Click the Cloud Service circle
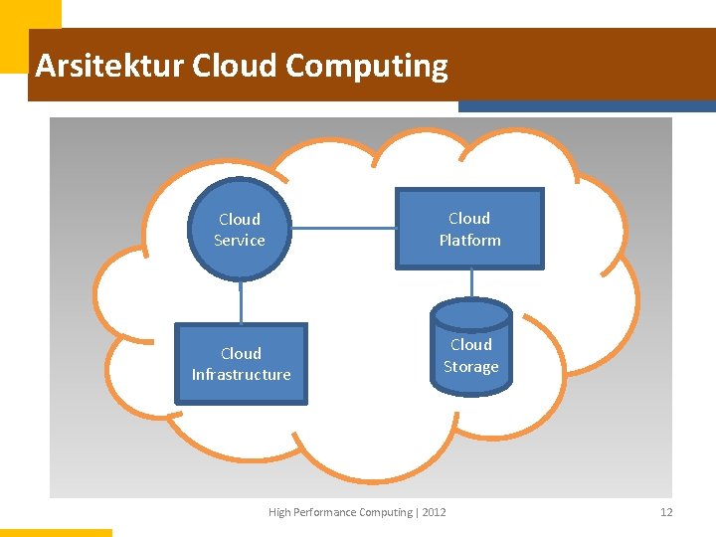[240, 230]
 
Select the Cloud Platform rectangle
[469, 229]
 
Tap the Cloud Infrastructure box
[241, 364]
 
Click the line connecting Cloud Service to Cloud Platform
[343, 229]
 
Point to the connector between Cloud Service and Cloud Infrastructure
[241, 301]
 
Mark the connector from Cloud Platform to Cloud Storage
[471, 284]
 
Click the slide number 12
[666, 512]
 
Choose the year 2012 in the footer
[434, 512]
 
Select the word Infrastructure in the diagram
[241, 375]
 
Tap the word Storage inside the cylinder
[470, 367]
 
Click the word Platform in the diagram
[469, 241]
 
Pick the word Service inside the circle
[240, 241]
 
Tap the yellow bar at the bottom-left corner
[56, 532]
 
